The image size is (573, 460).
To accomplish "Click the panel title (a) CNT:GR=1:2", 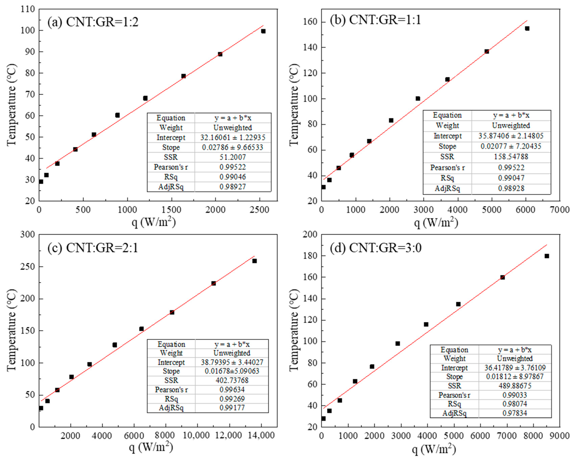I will tap(93, 22).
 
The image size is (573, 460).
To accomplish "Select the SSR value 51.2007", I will tap(233, 157).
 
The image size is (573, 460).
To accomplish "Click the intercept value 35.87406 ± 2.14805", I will tap(511, 136).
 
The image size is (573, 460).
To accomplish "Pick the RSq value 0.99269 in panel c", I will tap(232, 399).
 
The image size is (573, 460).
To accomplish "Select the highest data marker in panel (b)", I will tap(527, 29).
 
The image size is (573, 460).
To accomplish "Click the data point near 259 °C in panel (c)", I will tap(254, 261).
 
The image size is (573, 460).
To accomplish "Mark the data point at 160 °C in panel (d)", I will tap(502, 277).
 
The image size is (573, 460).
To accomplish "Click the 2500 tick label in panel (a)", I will tap(259, 210).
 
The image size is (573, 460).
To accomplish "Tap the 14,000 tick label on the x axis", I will tap(262, 436).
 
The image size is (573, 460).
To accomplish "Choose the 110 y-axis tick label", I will tap(28, 9).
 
